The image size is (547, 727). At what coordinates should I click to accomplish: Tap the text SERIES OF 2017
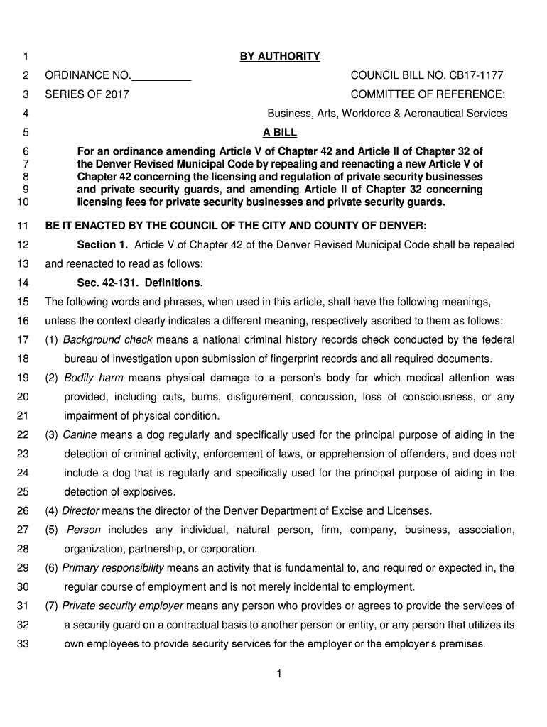click(x=87, y=94)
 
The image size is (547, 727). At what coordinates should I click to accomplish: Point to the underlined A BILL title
click(x=280, y=132)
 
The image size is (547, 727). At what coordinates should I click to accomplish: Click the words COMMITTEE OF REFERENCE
click(x=428, y=94)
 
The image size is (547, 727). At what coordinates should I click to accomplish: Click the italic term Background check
click(x=102, y=340)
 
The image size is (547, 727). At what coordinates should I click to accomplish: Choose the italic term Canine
click(x=80, y=434)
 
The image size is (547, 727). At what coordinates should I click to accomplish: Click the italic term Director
click(x=81, y=510)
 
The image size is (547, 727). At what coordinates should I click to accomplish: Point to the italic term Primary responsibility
click(x=113, y=568)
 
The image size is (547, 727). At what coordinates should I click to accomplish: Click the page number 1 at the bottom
click(x=280, y=674)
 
